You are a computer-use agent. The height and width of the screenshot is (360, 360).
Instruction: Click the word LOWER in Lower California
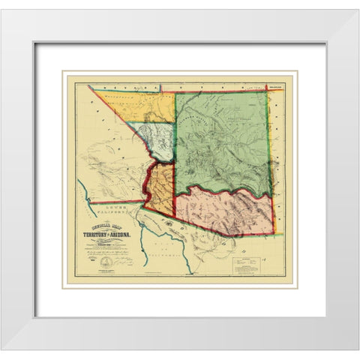pos(110,205)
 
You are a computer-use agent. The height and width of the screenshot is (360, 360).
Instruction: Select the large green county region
pos(221,142)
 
